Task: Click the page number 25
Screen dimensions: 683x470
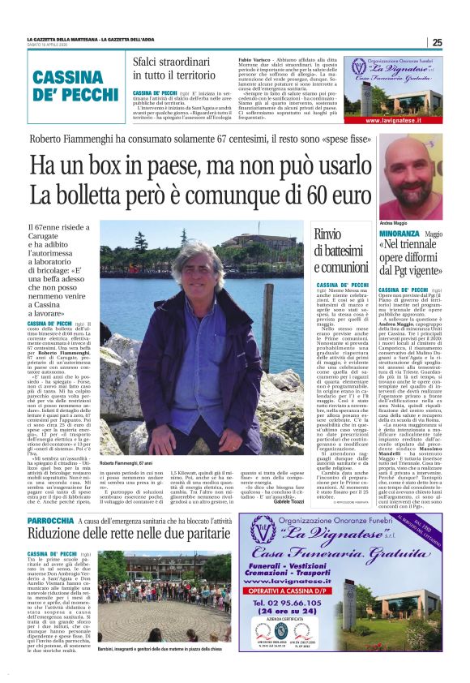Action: tap(437, 42)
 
